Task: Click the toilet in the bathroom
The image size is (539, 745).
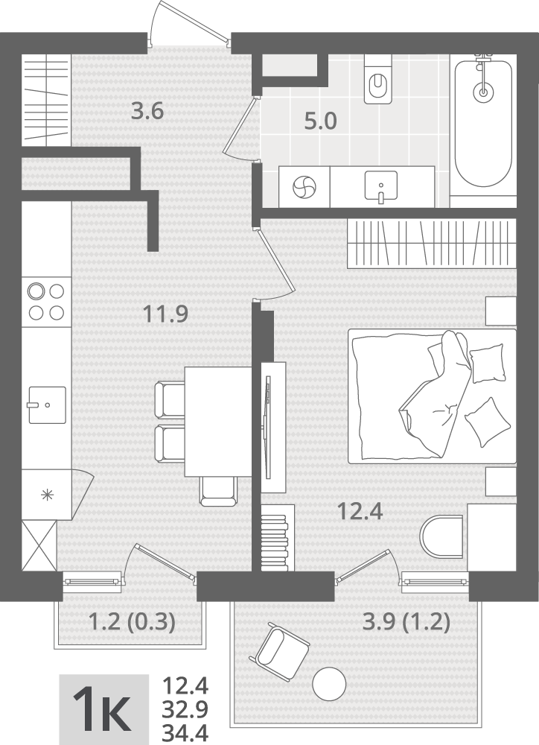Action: click(378, 79)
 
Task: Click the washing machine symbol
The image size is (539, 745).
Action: click(304, 187)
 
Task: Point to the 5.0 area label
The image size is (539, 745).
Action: click(321, 121)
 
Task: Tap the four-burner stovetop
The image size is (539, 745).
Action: click(46, 301)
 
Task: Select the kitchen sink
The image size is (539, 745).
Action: click(47, 405)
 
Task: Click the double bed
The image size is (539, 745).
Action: click(432, 396)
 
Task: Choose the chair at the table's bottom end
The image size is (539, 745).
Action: click(218, 491)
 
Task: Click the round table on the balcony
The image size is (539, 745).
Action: click(329, 682)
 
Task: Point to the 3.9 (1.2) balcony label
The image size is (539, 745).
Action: click(406, 622)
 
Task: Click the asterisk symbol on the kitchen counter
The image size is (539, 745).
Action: click(47, 495)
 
